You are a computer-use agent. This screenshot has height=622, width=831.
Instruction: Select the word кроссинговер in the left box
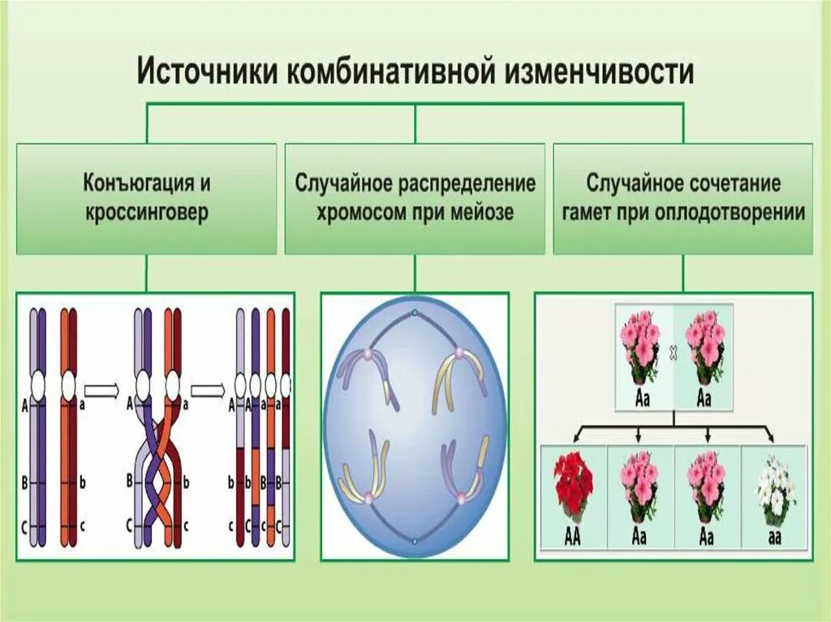147,213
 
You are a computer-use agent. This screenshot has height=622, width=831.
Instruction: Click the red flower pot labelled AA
572,487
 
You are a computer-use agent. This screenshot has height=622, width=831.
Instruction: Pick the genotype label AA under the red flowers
572,536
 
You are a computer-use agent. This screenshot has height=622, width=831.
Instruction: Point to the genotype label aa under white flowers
774,536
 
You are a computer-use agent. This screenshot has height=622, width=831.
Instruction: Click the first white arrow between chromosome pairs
101,393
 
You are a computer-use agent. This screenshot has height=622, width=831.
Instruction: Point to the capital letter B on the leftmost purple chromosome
25,483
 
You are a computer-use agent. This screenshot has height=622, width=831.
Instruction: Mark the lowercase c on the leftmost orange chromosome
83,525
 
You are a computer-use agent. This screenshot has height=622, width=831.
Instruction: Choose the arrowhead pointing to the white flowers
772,439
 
